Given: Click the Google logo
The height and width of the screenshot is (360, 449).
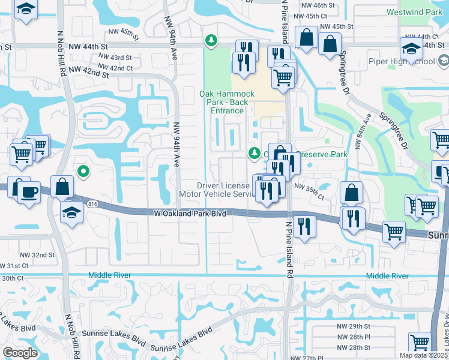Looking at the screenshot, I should pyautogui.click(x=20, y=352).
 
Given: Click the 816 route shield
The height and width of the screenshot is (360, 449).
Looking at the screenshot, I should pyautogui.click(x=94, y=203).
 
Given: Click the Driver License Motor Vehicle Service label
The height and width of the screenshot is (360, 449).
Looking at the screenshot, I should pyautogui.click(x=217, y=190).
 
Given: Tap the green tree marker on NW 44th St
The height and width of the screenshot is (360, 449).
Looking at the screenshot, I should pyautogui.click(x=211, y=41).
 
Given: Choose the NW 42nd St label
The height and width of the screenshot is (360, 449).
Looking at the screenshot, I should pyautogui.click(x=88, y=73).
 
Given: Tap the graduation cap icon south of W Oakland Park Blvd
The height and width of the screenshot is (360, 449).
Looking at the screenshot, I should pyautogui.click(x=72, y=212).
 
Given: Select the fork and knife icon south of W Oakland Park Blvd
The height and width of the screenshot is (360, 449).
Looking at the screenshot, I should pyautogui.click(x=304, y=226).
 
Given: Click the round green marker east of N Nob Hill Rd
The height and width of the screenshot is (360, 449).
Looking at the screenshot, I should pyautogui.click(x=85, y=172).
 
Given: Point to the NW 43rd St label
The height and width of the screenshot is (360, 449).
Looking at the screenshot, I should pyautogui.click(x=115, y=58).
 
